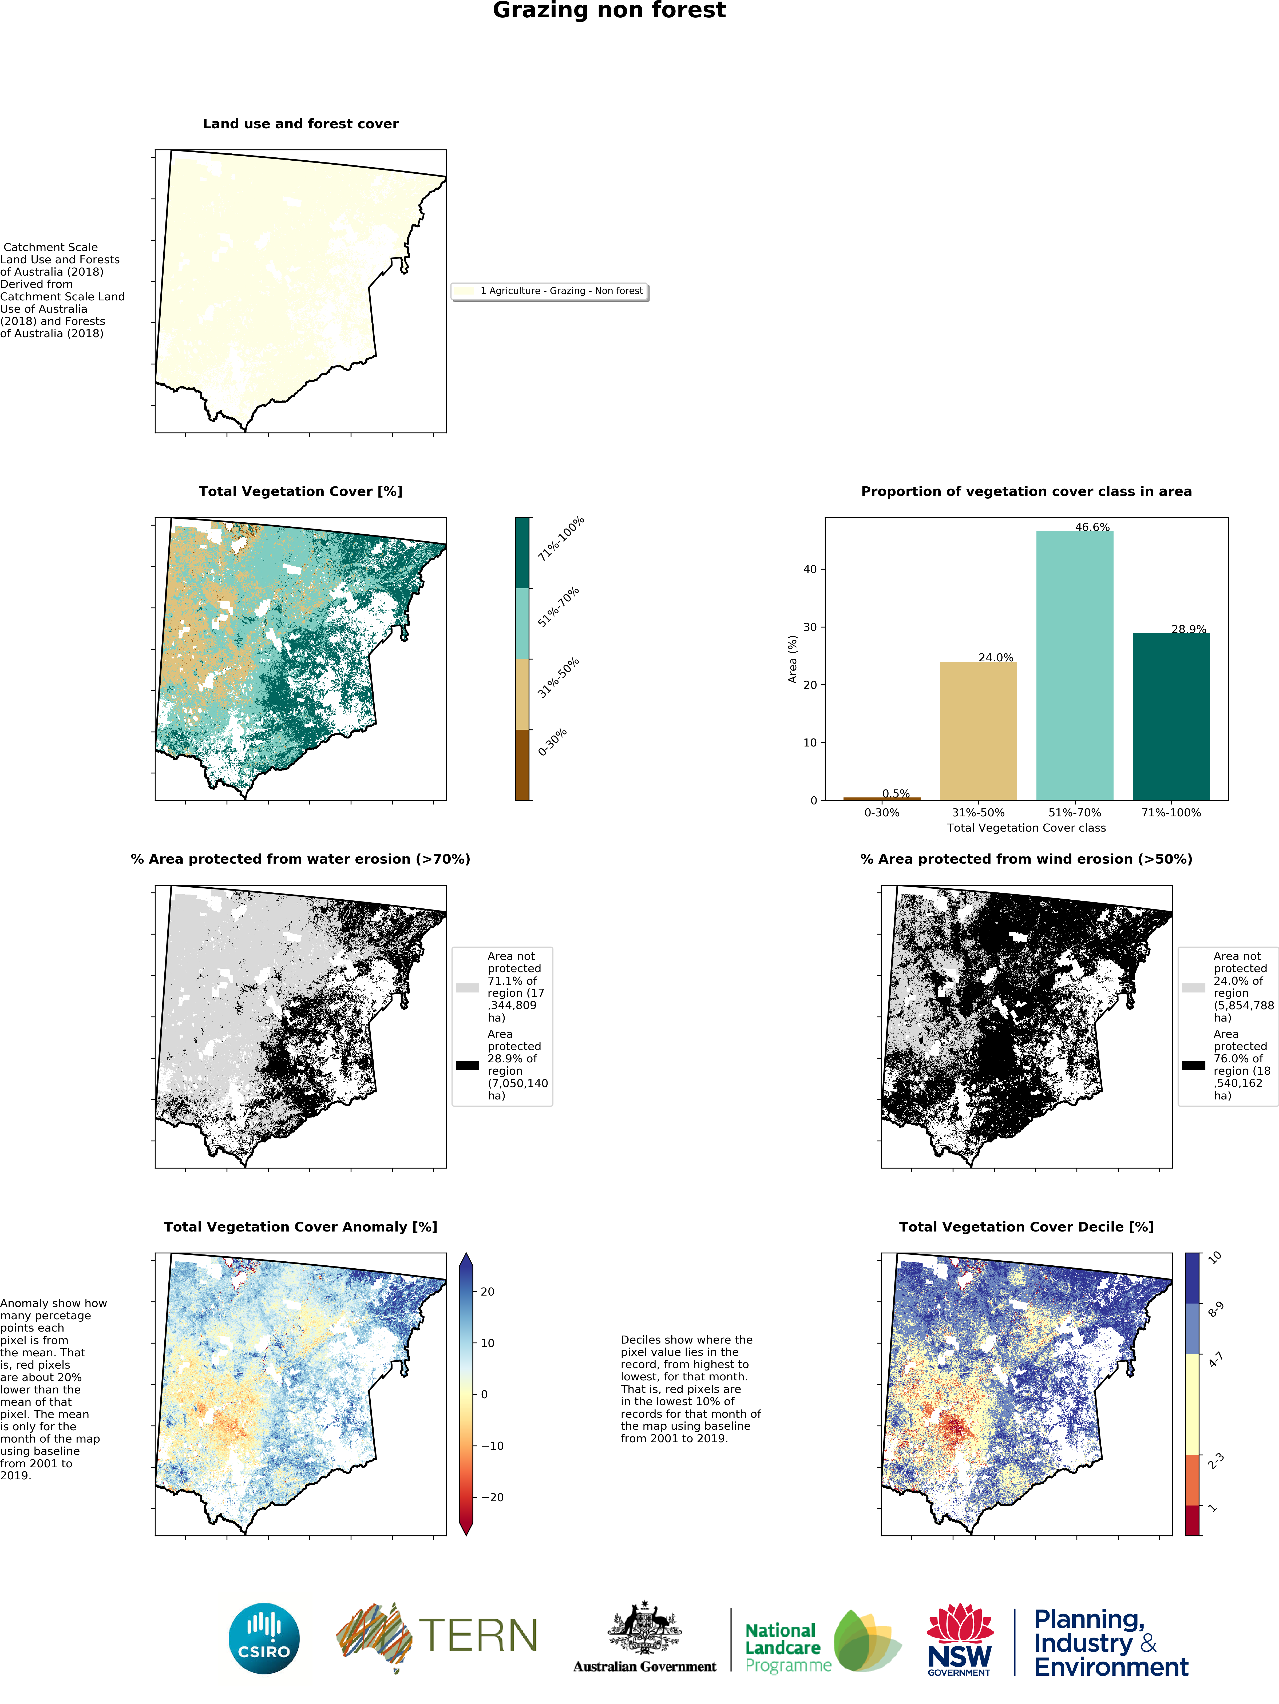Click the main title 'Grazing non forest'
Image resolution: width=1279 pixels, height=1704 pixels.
[x=609, y=11]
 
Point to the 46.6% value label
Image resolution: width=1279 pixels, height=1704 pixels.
[x=1092, y=527]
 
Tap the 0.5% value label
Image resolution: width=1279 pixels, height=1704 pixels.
[x=896, y=793]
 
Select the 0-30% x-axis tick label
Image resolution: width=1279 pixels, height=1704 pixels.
[x=881, y=813]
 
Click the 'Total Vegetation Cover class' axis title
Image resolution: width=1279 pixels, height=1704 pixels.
[x=1026, y=828]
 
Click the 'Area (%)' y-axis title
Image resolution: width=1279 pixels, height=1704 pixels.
[x=792, y=659]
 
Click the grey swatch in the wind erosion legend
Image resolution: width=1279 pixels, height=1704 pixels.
[x=1194, y=988]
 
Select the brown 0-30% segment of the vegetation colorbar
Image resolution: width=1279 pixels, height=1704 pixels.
[x=522, y=765]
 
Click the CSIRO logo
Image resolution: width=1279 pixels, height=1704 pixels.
[x=264, y=1639]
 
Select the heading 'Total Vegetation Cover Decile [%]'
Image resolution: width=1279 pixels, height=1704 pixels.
[x=1026, y=1227]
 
